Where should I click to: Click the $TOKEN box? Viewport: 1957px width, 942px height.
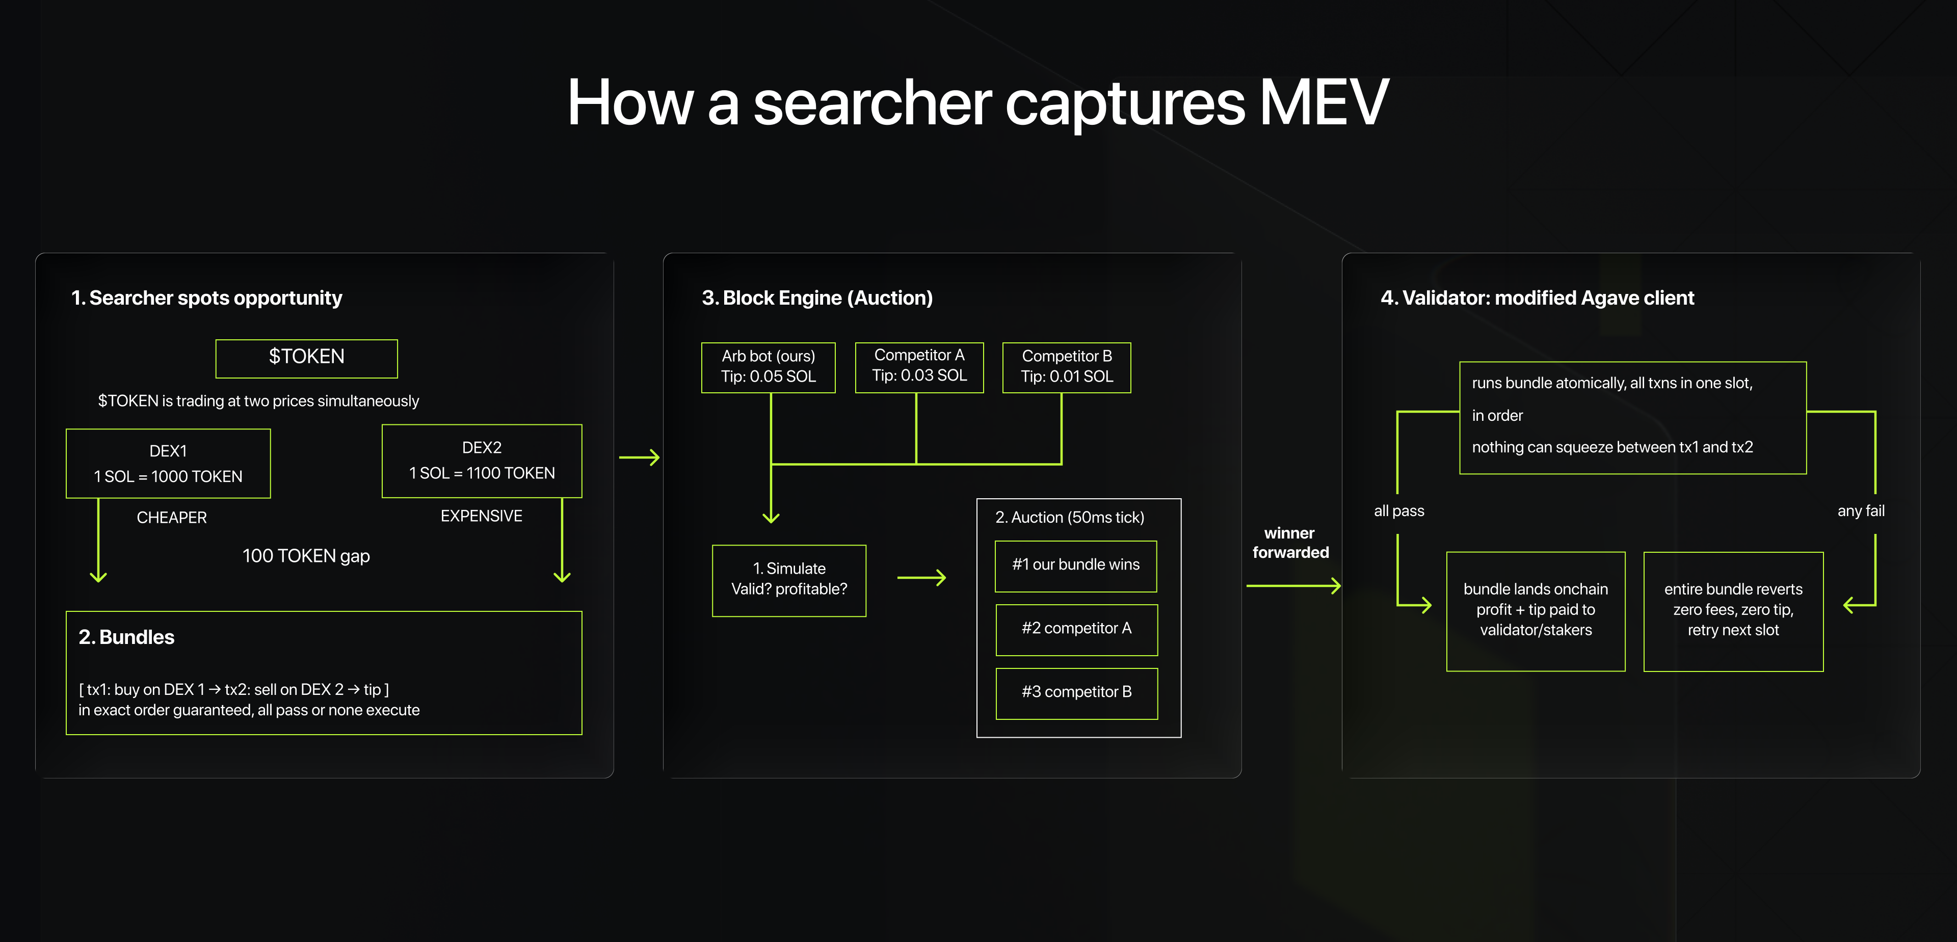click(306, 358)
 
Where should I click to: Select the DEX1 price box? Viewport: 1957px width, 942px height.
click(168, 464)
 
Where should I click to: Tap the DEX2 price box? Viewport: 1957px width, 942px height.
click(482, 461)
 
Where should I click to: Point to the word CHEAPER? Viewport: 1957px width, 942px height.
click(172, 517)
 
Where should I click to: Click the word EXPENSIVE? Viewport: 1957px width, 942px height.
click(481, 516)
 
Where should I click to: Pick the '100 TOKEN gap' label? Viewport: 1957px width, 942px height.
click(306, 556)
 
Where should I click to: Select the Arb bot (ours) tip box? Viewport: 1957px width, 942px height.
click(768, 367)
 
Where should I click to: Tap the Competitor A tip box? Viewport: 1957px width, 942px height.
click(919, 366)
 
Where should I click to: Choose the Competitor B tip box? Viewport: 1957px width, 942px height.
click(1067, 367)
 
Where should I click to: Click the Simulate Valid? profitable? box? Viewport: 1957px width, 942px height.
click(788, 580)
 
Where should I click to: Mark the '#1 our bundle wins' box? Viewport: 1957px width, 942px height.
click(1076, 565)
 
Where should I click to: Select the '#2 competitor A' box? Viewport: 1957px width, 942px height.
click(1076, 629)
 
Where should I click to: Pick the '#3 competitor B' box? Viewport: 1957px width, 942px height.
click(1076, 693)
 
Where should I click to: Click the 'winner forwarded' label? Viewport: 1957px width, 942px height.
click(1290, 543)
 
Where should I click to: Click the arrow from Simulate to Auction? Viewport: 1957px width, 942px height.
click(921, 578)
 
